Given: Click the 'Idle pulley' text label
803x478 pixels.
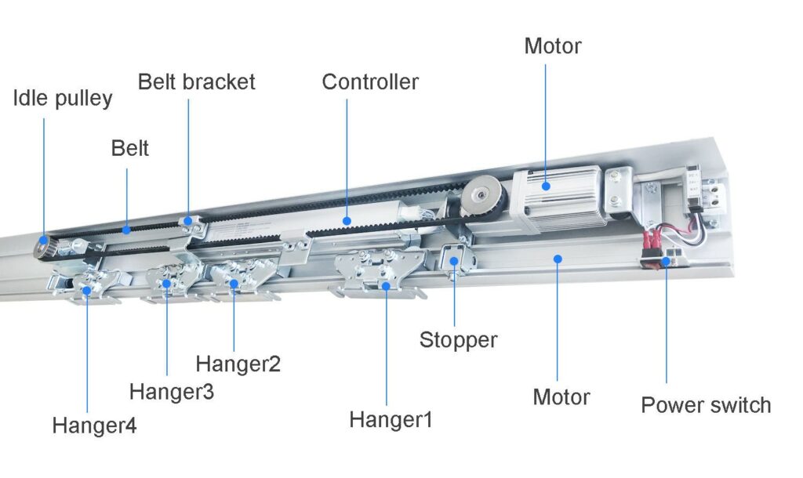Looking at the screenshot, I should click(x=63, y=99).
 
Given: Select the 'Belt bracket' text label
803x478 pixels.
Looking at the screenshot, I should click(x=196, y=81).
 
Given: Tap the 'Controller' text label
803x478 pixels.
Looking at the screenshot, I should click(x=370, y=81).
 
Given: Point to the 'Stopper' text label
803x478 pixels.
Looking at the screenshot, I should click(x=458, y=340).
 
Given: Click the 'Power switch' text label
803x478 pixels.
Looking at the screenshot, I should click(x=706, y=405).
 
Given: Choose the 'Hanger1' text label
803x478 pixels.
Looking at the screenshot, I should click(x=391, y=420).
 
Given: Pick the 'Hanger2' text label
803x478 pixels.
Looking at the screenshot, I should click(x=238, y=364).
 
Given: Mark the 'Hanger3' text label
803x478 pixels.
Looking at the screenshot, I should click(x=171, y=391).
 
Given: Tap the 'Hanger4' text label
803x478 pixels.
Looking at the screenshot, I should click(x=94, y=426).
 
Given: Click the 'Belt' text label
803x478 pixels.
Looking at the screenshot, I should click(x=129, y=148).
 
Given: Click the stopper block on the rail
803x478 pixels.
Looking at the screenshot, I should click(x=454, y=259).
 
